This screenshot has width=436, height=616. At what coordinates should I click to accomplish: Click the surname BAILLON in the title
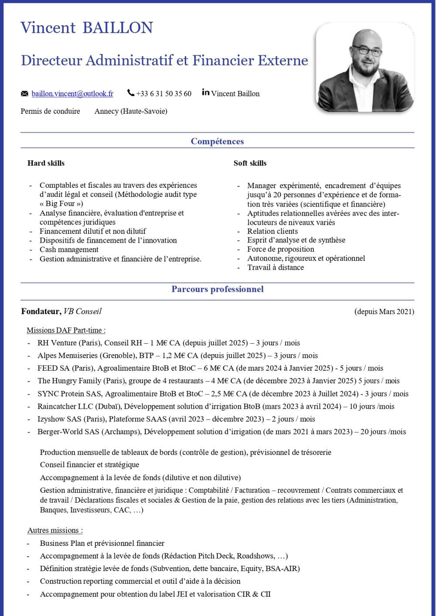117,28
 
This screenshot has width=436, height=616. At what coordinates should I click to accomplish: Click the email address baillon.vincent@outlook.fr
72,94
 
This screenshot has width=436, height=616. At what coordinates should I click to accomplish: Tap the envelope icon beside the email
24,94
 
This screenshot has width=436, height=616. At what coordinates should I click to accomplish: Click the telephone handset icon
131,93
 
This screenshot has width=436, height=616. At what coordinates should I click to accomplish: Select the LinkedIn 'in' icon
206,92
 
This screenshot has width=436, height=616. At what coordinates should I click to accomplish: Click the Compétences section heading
217,141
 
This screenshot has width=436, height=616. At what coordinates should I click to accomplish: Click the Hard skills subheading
46,163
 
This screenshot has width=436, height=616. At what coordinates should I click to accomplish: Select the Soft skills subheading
250,163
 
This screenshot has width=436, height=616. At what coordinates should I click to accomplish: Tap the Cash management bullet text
69,250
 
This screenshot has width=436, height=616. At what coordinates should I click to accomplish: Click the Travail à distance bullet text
276,267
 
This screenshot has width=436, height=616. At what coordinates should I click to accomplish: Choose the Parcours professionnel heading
217,289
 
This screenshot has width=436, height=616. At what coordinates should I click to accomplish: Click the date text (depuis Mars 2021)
384,311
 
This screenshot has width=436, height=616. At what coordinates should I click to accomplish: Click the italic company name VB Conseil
82,311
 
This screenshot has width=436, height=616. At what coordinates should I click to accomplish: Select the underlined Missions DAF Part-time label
66,330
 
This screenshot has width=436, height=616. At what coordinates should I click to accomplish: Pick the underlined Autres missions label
55,530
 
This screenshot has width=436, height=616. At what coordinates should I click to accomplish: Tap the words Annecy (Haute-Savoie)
131,111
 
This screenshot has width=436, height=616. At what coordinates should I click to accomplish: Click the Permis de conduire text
50,111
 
